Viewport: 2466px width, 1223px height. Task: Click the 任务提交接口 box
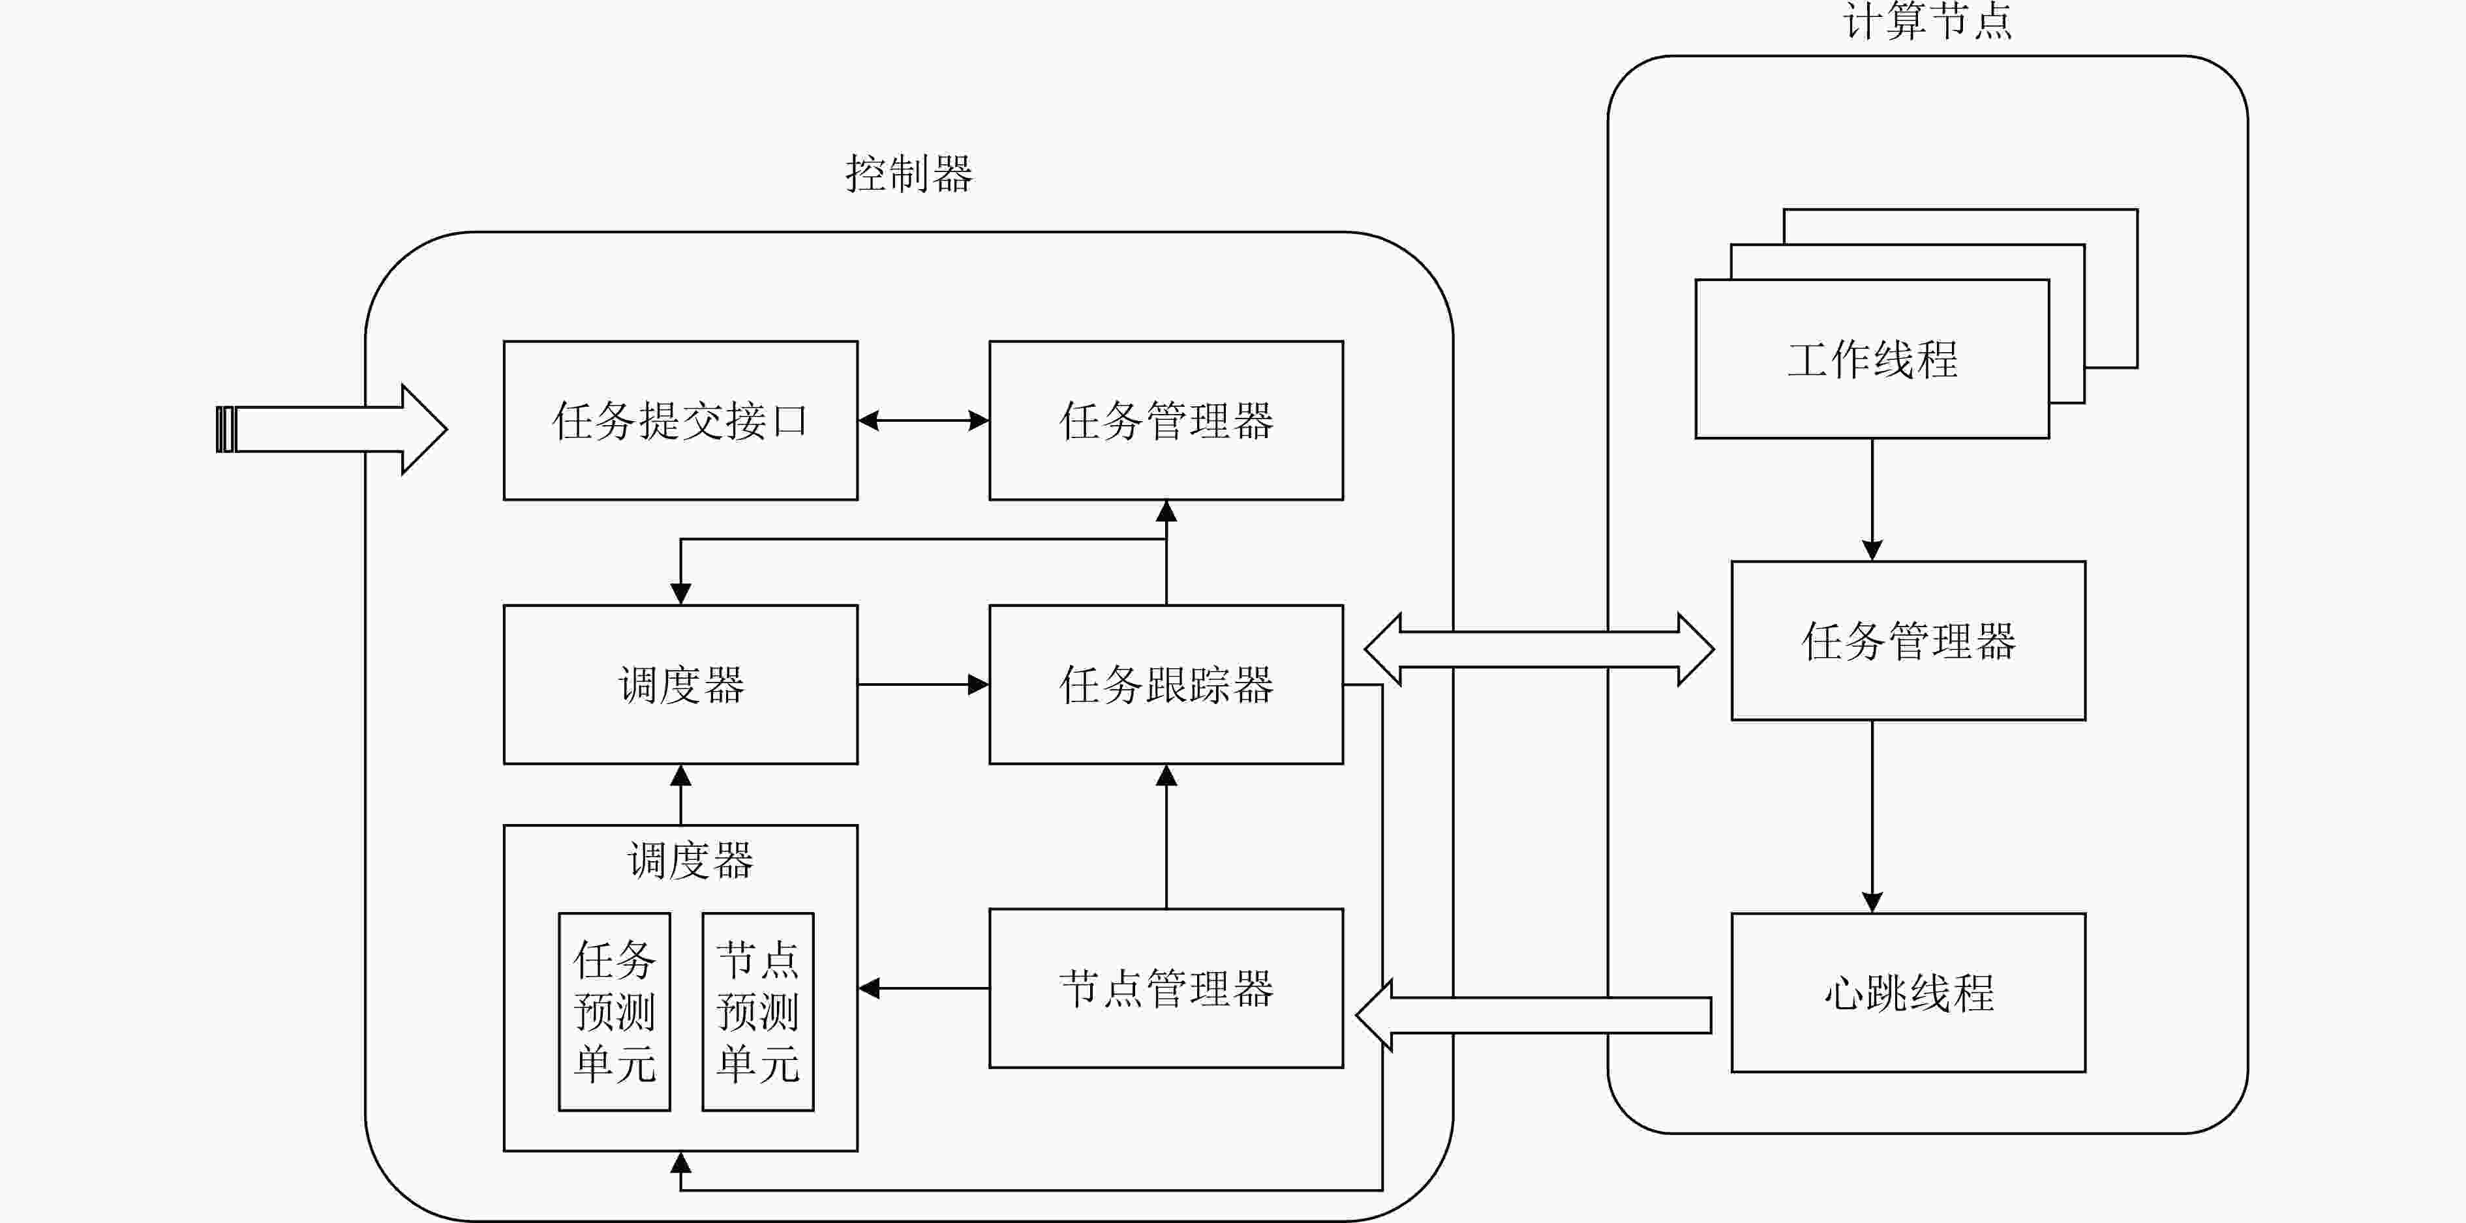pos(680,420)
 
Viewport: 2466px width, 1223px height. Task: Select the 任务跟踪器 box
pos(1166,685)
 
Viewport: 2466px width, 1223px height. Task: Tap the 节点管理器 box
pos(1166,988)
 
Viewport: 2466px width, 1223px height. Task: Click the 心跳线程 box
pos(1908,992)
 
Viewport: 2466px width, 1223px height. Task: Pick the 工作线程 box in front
pos(1872,359)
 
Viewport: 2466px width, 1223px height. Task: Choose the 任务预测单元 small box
pos(615,1012)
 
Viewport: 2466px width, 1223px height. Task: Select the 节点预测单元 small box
pos(758,1012)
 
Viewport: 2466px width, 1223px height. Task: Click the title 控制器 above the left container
pos(909,174)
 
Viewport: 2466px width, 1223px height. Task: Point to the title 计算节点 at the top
pos(1927,21)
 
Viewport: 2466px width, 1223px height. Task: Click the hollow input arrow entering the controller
pos(331,429)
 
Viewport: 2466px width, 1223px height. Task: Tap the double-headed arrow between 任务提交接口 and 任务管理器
pos(924,420)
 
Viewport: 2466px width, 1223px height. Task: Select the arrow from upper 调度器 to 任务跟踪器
pos(924,685)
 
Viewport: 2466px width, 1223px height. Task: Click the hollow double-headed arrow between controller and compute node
pos(1538,649)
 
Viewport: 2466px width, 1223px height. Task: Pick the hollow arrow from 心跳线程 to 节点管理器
pos(1534,1015)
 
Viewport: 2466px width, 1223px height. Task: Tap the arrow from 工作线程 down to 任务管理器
pos(1872,499)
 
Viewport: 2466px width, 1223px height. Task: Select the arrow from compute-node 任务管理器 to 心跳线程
pos(1872,816)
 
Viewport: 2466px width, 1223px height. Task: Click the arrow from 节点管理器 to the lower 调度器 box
pos(924,988)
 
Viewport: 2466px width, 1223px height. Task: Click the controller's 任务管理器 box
pos(1166,420)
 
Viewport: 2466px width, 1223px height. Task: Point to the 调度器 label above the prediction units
pos(690,861)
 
